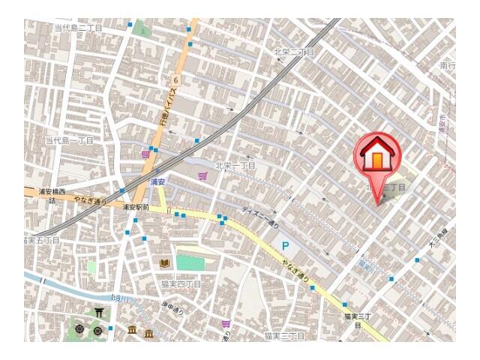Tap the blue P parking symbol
tap(285, 245)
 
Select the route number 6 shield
tap(174, 78)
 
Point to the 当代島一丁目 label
tap(69, 140)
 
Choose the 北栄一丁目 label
tap(235, 165)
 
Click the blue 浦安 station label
tap(157, 182)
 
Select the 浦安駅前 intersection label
tap(136, 207)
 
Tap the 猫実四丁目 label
tap(181, 285)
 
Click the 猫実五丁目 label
tap(42, 240)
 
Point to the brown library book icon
tap(164, 263)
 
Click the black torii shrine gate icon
tap(99, 311)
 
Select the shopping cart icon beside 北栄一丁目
tap(202, 176)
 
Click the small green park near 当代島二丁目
tap(143, 31)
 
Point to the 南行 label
tap(447, 67)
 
